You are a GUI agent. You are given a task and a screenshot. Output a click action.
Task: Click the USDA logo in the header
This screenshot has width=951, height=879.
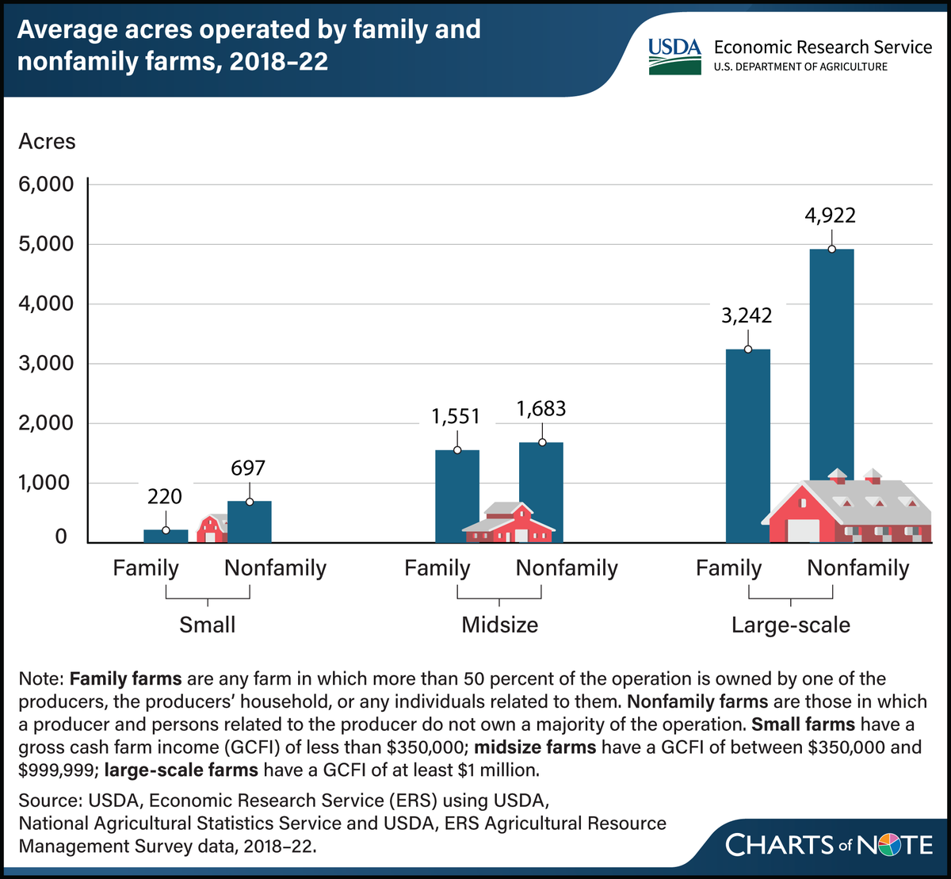pyautogui.click(x=674, y=55)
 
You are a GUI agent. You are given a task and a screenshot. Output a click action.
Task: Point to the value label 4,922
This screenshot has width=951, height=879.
pyautogui.click(x=831, y=215)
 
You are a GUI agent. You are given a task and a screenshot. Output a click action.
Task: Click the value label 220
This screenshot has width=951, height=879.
pyautogui.click(x=165, y=497)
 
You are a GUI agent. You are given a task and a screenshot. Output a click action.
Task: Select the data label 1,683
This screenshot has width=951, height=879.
pyautogui.click(x=541, y=409)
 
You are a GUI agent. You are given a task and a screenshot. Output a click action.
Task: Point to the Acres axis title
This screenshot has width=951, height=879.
pyautogui.click(x=48, y=141)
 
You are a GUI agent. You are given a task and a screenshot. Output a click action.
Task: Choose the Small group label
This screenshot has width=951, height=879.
pyautogui.click(x=208, y=625)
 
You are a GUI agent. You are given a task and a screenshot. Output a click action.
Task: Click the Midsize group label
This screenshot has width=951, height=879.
pyautogui.click(x=499, y=625)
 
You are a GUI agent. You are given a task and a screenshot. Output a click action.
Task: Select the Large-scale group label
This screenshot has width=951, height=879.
pyautogui.click(x=790, y=625)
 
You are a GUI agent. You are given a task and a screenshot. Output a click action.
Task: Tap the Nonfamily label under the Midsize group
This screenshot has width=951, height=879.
pyautogui.click(x=567, y=568)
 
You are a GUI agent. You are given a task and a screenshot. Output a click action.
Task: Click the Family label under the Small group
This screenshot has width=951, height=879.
pyautogui.click(x=146, y=568)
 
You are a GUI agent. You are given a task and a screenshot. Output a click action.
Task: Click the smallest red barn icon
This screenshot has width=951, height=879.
pyautogui.click(x=212, y=529)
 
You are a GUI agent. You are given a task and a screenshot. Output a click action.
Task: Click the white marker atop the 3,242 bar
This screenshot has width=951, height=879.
pyautogui.click(x=747, y=349)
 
